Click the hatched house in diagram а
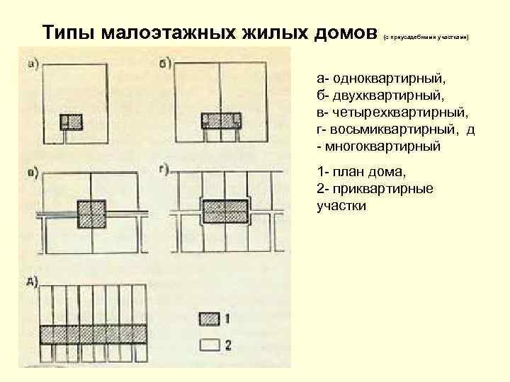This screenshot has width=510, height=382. tap(71, 122)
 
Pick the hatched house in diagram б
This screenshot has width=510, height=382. tap(221, 120)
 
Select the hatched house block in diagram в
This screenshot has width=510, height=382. tap(91, 212)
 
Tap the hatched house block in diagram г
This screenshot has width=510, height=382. tap(225, 211)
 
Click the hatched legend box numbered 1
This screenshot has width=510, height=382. tap(210, 319)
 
